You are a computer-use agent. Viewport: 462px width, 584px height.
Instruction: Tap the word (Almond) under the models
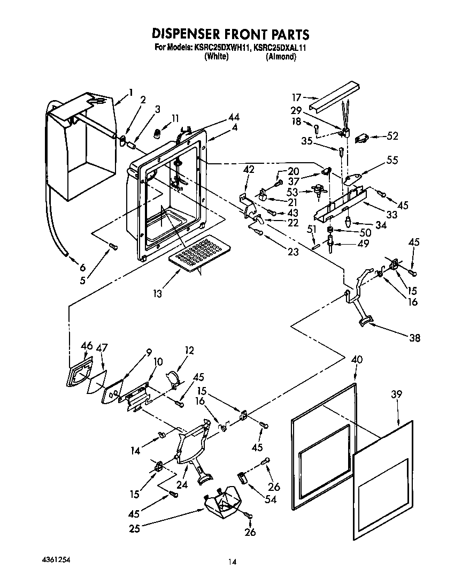[281, 56]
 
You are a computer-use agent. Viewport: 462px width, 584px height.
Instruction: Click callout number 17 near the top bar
[297, 97]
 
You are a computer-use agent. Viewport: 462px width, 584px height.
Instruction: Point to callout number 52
[392, 136]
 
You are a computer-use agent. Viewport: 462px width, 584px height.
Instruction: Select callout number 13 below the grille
[157, 294]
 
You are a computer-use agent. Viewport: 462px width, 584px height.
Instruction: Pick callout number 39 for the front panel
[396, 395]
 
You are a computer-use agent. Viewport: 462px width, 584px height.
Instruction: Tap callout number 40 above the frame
[357, 360]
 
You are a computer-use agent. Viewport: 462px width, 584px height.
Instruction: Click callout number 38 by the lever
[414, 338]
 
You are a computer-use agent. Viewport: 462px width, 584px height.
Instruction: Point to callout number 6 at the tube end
[82, 268]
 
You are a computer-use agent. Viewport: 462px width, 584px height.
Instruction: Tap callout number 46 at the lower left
[86, 347]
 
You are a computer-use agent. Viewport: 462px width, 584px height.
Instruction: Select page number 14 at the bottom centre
[232, 562]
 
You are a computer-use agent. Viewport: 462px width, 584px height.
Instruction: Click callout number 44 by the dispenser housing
[233, 117]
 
